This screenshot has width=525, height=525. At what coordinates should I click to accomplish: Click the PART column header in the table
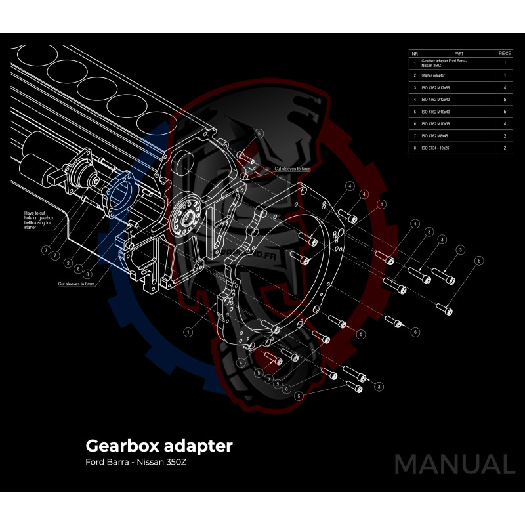458,52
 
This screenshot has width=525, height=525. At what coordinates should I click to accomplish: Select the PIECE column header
505,52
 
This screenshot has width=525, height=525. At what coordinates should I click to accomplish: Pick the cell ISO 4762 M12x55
436,87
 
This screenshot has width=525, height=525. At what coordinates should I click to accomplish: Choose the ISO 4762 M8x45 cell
436,136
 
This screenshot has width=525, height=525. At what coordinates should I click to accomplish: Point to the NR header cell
414,52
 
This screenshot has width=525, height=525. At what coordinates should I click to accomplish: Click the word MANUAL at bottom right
454,464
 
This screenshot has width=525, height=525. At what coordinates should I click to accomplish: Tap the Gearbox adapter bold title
159,446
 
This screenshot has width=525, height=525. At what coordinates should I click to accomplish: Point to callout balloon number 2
68,262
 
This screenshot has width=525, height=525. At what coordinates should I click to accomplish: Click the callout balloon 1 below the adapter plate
188,332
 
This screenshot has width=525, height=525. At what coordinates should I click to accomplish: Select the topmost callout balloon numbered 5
259,133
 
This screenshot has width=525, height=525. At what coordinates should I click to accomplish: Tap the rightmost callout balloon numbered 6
479,261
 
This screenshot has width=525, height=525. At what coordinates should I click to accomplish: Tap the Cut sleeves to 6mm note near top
292,169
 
